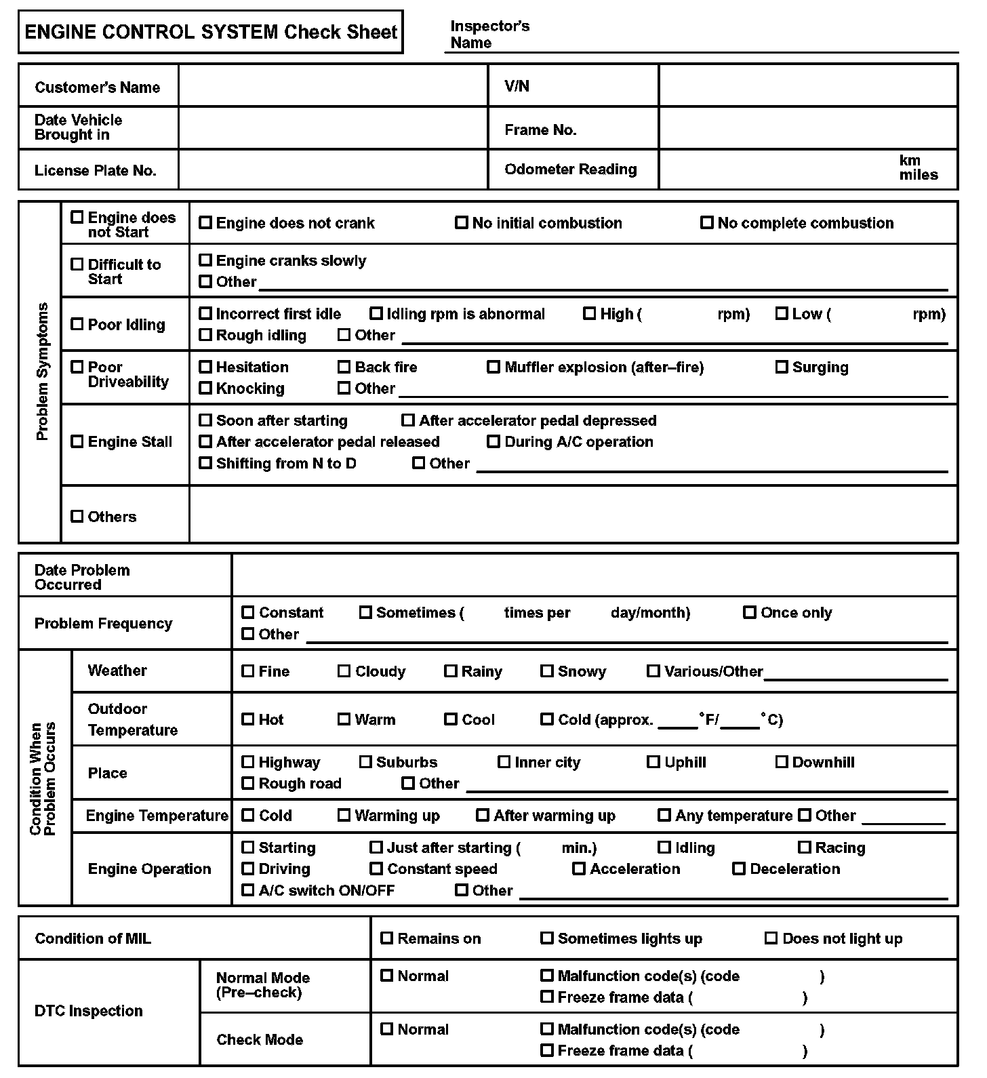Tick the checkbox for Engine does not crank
(205, 222)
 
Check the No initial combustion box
(462, 222)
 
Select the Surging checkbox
(782, 367)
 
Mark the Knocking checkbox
(205, 388)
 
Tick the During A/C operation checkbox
(493, 441)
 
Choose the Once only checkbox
(750, 612)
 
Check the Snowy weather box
(547, 671)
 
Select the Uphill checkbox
(653, 761)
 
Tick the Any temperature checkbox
(664, 815)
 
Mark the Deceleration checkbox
(739, 869)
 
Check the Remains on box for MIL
(387, 938)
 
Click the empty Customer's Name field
(333, 85)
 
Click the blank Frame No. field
(808, 129)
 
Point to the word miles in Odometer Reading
(919, 175)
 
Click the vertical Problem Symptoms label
(42, 372)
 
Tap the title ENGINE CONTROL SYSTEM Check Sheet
(211, 32)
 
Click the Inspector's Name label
(489, 34)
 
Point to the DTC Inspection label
(89, 1011)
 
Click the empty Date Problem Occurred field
(594, 576)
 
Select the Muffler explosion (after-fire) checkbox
(493, 367)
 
